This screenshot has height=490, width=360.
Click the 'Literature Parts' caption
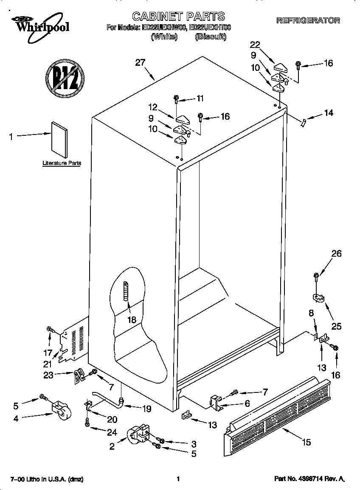(x=62, y=163)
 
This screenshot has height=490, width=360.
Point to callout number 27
(x=140, y=63)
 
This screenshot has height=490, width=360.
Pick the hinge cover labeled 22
(x=281, y=66)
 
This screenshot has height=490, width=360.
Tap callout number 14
(x=328, y=113)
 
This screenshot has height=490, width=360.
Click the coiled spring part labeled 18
(x=125, y=291)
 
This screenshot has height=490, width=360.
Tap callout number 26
(x=336, y=254)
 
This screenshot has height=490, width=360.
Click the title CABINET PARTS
(x=178, y=17)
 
